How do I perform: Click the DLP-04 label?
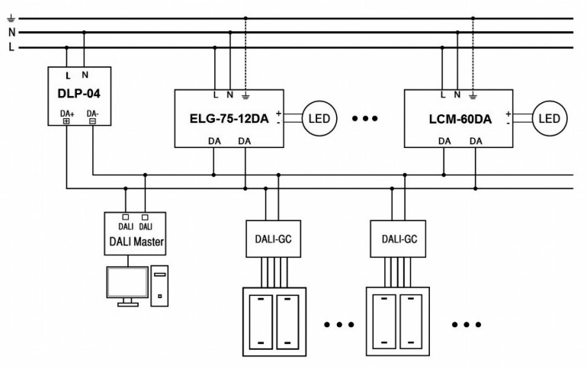(79, 97)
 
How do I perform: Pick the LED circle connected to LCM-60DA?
(547, 118)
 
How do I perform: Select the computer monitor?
(127, 284)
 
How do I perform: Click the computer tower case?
(159, 285)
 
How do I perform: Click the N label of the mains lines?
(11, 33)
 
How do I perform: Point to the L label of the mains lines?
(11, 48)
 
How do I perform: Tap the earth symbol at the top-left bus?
(11, 18)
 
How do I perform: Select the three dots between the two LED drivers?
(367, 119)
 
